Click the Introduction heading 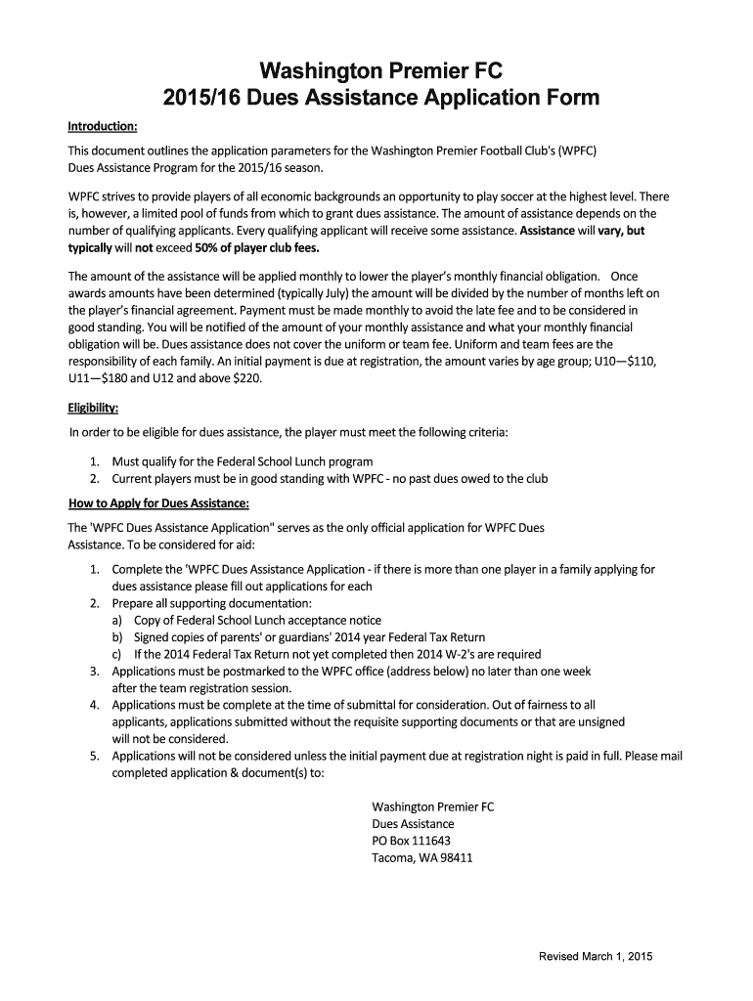pos(102,127)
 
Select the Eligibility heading pos(93,408)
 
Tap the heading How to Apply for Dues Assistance pos(158,503)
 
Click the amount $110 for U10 pos(639,361)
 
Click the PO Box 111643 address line pos(412,842)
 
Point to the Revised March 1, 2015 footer pos(596,955)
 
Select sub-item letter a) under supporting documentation pos(117,620)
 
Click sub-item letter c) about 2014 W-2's pos(117,654)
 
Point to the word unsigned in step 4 pos(599,721)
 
